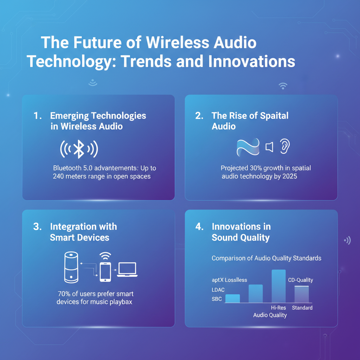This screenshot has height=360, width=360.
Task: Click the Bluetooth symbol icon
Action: pyautogui.click(x=79, y=150)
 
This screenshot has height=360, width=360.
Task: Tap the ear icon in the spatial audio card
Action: pyautogui.click(x=284, y=147)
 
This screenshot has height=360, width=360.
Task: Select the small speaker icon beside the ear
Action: pyautogui.click(x=269, y=147)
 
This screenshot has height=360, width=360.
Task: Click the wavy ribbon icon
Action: pyautogui.click(x=248, y=147)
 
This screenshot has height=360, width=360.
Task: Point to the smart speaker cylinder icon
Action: pyautogui.click(x=71, y=267)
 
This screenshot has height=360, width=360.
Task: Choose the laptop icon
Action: pyautogui.click(x=128, y=270)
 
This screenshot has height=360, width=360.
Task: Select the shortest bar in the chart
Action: pyautogui.click(x=232, y=298)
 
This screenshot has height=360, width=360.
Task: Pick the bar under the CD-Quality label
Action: pyautogui.click(x=301, y=294)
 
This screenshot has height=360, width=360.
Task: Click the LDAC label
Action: pyautogui.click(x=218, y=290)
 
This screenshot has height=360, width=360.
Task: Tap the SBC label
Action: pyautogui.click(x=217, y=299)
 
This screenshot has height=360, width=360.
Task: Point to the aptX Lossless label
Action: pyautogui.click(x=229, y=280)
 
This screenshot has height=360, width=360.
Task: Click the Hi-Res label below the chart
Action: pyautogui.click(x=278, y=308)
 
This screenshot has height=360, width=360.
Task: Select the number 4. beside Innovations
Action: pyautogui.click(x=199, y=227)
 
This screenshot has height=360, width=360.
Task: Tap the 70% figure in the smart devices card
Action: pyautogui.click(x=64, y=294)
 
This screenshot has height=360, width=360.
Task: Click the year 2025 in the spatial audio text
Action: pyautogui.click(x=289, y=176)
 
